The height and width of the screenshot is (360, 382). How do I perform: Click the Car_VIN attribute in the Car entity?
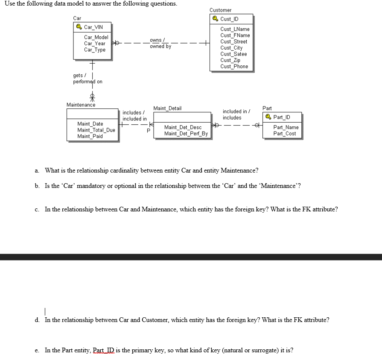(93, 27)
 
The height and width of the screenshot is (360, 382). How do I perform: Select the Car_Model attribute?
(96, 38)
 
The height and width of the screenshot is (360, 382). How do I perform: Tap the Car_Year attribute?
(95, 44)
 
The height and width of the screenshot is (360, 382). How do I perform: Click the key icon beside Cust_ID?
(215, 19)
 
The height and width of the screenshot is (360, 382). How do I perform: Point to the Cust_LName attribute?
(235, 29)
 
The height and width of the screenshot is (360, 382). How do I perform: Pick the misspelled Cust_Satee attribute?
(233, 54)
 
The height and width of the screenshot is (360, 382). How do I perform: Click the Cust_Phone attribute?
(234, 66)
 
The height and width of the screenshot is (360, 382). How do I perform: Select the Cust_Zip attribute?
(230, 60)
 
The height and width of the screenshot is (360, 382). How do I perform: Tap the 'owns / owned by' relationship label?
(160, 43)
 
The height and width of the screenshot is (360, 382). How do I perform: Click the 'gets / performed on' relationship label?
(87, 79)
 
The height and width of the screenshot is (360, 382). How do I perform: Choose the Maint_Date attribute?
(90, 124)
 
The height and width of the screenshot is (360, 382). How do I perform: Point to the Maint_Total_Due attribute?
(96, 130)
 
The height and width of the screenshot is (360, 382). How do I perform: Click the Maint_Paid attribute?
(90, 136)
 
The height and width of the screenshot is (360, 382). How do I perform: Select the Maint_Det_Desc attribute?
(183, 127)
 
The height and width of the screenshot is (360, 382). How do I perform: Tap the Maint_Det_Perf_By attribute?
(186, 134)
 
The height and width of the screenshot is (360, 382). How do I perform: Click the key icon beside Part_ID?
(268, 117)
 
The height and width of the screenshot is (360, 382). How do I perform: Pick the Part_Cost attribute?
(285, 134)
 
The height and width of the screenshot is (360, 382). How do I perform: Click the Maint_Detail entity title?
(167, 108)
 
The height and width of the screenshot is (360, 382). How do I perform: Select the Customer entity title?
(220, 10)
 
